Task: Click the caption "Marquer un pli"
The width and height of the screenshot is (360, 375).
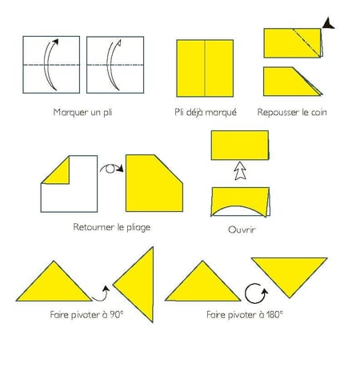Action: coord(82,112)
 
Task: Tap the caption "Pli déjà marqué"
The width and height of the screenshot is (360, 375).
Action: coord(206,112)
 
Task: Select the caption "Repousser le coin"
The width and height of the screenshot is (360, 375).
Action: coord(292,112)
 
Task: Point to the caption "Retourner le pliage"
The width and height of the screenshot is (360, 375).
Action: coord(112,227)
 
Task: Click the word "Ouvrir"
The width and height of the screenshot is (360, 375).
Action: coord(242,229)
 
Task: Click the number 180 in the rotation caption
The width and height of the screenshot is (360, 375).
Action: coord(273,315)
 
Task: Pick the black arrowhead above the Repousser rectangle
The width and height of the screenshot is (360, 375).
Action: coord(328,23)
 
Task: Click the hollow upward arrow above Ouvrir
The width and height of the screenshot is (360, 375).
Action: coord(240,170)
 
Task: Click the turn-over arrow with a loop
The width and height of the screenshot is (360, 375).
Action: coord(112,169)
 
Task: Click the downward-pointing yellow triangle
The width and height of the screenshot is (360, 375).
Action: coord(290,270)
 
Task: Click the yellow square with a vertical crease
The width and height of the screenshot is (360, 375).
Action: coord(205,68)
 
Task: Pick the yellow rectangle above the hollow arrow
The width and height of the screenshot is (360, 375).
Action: coord(240,146)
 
